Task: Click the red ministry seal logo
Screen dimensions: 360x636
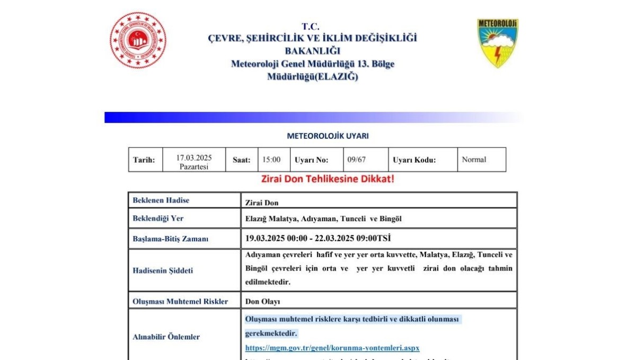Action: point(138,40)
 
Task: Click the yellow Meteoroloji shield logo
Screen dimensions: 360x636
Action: point(497,43)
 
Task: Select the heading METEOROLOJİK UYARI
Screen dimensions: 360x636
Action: point(328,136)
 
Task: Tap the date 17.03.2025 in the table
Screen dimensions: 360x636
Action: point(194,157)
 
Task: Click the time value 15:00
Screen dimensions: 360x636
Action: point(272,160)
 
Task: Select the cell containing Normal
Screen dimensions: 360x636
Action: point(474,160)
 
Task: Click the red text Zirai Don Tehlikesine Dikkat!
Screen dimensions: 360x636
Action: point(328,179)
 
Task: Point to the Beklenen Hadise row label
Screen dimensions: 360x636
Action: point(161,200)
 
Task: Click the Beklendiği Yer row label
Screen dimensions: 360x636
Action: point(158,218)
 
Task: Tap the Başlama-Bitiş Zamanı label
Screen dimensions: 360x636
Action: point(170,239)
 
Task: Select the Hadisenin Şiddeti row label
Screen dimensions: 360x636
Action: point(163,270)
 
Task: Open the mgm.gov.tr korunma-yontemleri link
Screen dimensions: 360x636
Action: point(332,348)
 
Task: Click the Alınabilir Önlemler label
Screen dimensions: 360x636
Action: point(166,337)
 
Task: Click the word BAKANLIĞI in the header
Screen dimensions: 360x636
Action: point(312,51)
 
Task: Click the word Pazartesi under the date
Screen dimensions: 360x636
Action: point(194,166)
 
